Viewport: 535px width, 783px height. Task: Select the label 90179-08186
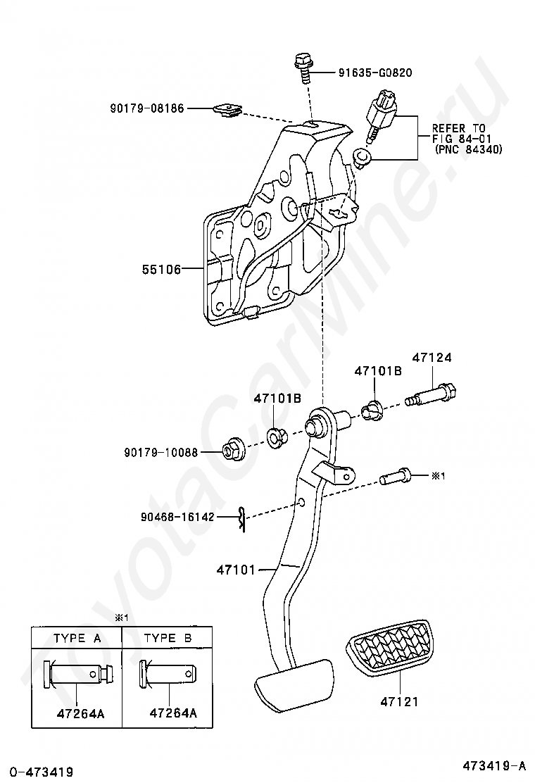(146, 108)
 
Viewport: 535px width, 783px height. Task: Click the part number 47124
(432, 358)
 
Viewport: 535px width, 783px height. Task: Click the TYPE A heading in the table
(77, 638)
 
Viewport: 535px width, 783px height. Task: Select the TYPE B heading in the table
(168, 638)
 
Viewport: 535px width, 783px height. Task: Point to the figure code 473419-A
(494, 765)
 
